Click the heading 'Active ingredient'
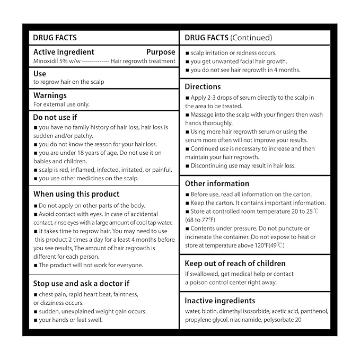coord(64,52)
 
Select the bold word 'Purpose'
coord(161,52)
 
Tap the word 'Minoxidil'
coord(46,61)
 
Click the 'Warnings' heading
coord(50,95)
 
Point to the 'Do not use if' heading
coord(55,117)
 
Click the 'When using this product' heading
coord(76,194)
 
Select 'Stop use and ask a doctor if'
coord(81,284)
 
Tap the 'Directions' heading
coord(203,86)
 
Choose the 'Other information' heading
coord(217,183)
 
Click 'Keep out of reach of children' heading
coord(235,264)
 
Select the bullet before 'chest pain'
coord(36,294)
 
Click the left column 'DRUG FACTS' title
coord(55,38)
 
